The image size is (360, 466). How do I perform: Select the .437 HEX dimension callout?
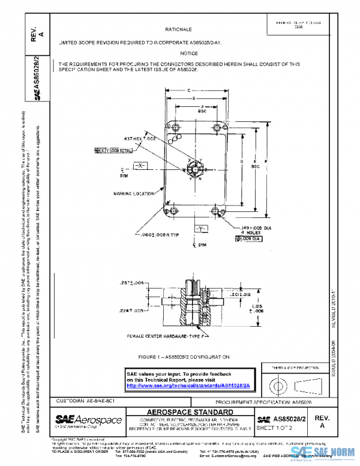click(x=140, y=139)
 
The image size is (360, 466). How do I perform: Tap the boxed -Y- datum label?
click(x=200, y=230)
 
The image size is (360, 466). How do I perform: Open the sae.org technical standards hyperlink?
click(x=182, y=385)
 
